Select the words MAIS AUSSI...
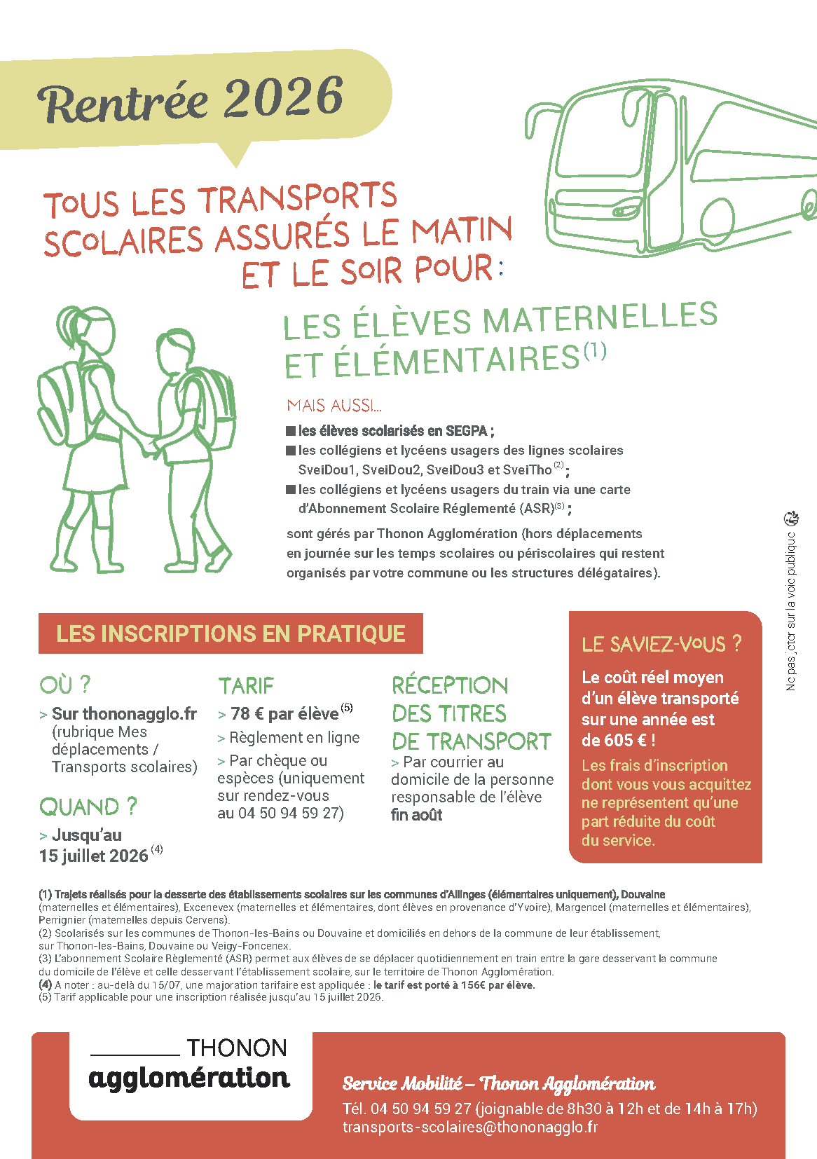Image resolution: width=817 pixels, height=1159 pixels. [x=334, y=405]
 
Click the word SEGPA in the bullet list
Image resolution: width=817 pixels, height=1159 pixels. [x=467, y=431]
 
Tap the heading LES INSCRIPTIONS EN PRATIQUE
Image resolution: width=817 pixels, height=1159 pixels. [x=231, y=633]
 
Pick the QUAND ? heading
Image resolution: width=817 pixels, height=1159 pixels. [x=88, y=807]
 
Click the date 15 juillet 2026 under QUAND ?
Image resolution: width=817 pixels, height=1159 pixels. [x=94, y=856]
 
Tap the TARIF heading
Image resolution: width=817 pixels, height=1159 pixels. [x=246, y=685]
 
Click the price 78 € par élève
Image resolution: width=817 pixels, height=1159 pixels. [x=284, y=714]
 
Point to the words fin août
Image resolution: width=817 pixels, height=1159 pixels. [x=417, y=815]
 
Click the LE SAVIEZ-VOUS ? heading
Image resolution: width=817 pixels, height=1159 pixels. [x=661, y=644]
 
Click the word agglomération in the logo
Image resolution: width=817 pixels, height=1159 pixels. [x=189, y=1078]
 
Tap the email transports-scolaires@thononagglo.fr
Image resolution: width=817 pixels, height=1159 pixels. [x=470, y=1127]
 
